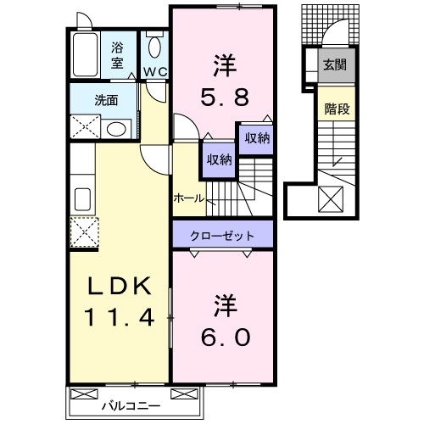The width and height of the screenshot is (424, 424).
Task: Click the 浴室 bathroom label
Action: pos(117,55)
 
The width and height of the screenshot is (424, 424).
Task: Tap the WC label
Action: pos(153,71)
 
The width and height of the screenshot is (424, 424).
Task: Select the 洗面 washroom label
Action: pos(108,98)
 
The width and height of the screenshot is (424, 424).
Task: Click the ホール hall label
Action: pos(187,198)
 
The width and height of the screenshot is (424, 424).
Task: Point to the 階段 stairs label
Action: pos(337,108)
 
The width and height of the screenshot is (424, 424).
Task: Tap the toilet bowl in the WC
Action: pos(154,46)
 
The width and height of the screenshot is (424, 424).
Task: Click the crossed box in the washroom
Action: pos(86,128)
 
